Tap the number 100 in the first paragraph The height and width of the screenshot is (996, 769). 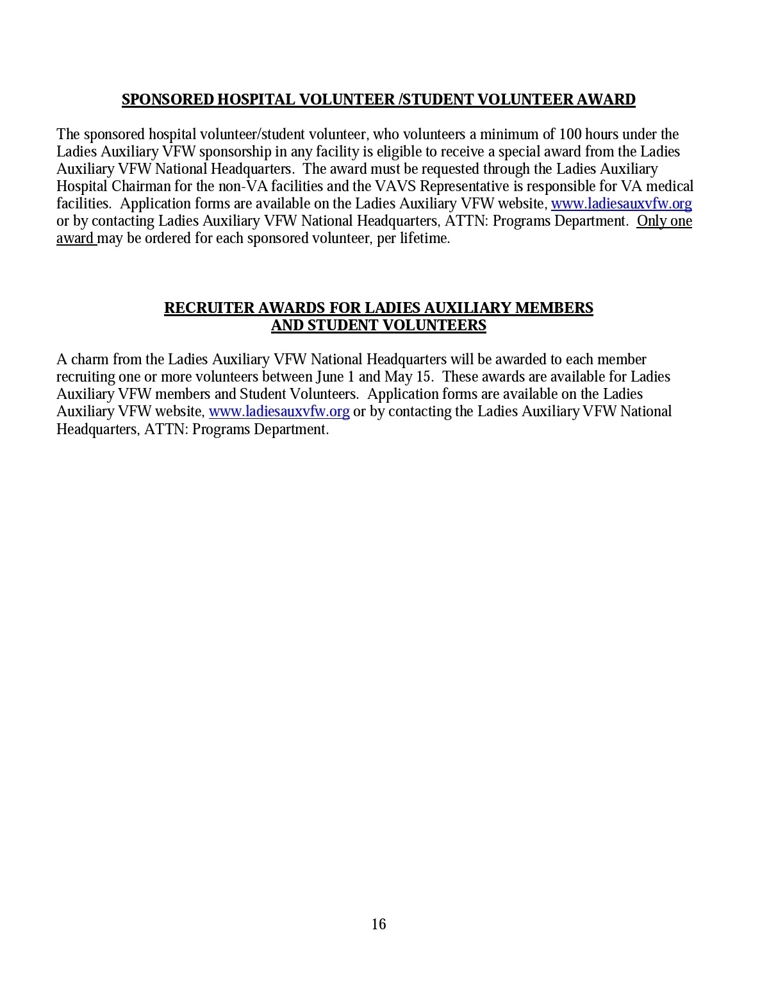570,134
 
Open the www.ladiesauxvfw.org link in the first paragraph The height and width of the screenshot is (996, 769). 621,203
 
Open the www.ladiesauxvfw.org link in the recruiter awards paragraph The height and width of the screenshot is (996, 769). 279,411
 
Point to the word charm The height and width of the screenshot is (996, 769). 90,359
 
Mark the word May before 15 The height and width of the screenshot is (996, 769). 398,376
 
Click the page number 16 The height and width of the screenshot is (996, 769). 379,924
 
